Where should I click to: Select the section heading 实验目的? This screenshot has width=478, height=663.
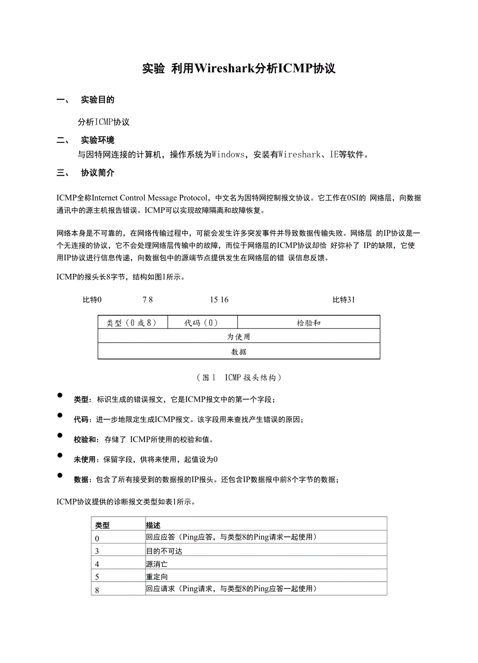98,100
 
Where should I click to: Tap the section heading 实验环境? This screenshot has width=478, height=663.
98,140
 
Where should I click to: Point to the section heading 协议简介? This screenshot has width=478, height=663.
98,173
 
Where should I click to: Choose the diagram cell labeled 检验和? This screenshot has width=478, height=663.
309,323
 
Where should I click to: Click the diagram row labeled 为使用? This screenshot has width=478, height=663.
239,337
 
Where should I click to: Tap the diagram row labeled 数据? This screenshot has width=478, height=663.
239,352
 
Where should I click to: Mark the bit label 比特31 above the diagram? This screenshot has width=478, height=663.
343,300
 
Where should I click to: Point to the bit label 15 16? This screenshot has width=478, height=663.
219,300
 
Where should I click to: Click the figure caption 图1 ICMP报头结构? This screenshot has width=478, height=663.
239,377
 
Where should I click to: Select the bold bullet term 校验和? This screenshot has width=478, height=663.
85,440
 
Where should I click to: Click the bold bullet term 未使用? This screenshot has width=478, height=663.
85,459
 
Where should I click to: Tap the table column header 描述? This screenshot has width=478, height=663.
153,525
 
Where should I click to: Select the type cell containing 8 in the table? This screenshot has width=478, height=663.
97,590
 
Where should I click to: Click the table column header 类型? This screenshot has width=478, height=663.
102,525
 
